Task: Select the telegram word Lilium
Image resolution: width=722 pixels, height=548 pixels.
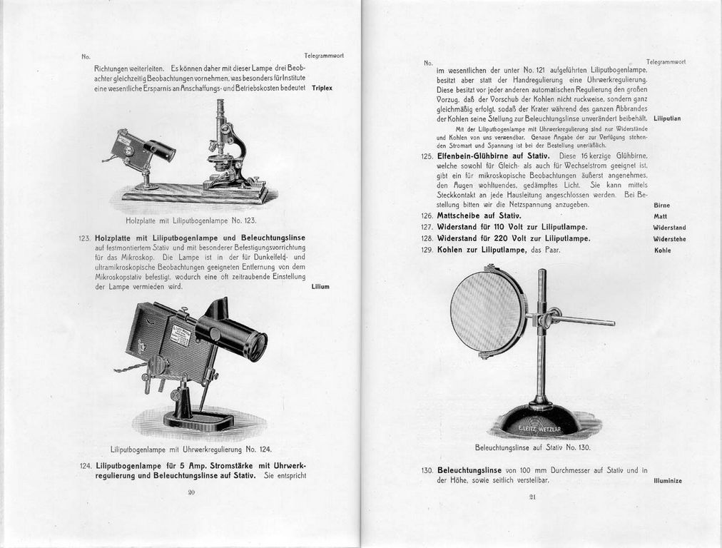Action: click(x=320, y=287)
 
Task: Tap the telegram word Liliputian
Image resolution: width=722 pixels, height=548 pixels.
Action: click(x=667, y=118)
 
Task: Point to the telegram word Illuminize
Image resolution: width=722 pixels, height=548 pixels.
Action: click(x=667, y=481)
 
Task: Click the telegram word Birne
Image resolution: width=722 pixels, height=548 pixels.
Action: click(x=661, y=205)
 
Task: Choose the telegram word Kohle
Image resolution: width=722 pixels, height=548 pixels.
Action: click(x=662, y=250)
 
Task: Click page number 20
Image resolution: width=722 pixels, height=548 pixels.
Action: click(x=190, y=492)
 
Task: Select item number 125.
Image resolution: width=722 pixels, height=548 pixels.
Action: click(x=427, y=156)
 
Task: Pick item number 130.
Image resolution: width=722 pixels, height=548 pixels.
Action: click(x=427, y=470)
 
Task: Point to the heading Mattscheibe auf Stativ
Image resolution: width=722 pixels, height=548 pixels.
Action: click(x=469, y=215)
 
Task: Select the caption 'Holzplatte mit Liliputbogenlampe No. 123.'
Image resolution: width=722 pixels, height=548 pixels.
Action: click(x=190, y=221)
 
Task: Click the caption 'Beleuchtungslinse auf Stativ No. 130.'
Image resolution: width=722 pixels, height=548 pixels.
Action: click(x=532, y=448)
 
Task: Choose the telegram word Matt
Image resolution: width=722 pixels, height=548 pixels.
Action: click(x=660, y=216)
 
